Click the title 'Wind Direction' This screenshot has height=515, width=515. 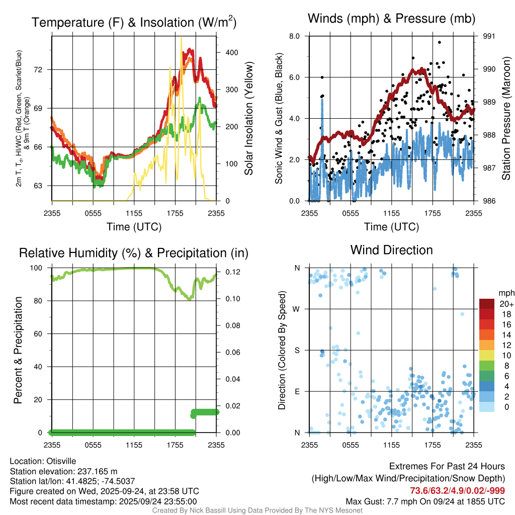[391, 250]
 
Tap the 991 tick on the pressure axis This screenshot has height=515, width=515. [489, 36]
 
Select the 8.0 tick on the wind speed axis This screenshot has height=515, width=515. [295, 36]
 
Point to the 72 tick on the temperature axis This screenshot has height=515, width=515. [44, 69]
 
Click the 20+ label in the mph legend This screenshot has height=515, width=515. [505, 304]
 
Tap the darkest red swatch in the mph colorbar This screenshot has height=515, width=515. [487, 304]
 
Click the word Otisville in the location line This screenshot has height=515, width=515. [62, 461]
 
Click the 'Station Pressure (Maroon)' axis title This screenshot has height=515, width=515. [506, 119]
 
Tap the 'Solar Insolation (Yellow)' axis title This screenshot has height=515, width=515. [248, 119]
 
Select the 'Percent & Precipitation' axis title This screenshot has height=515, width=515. [18, 350]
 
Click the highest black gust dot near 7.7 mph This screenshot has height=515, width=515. [439, 42]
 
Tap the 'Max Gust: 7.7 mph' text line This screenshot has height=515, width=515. [425, 501]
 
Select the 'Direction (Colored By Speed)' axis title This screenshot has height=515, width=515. [282, 350]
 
